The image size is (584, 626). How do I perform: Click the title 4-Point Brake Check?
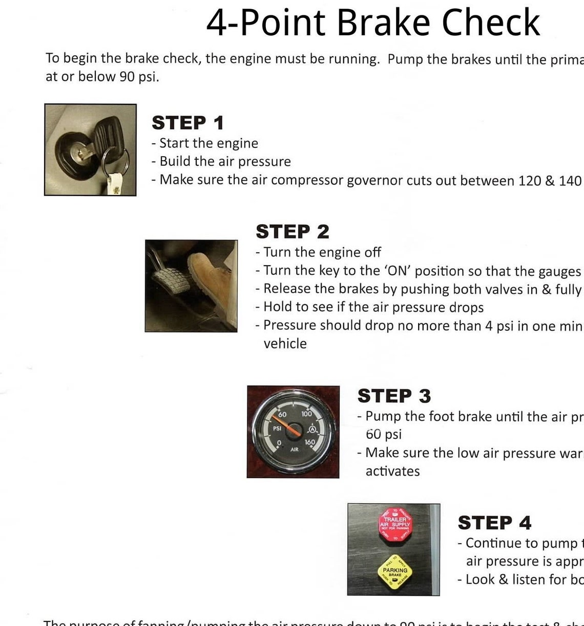pyautogui.click(x=373, y=23)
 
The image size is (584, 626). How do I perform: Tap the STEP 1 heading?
pyautogui.click(x=187, y=123)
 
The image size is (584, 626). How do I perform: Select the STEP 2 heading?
pyautogui.click(x=292, y=231)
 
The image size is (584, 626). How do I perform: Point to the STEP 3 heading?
pyautogui.click(x=394, y=396)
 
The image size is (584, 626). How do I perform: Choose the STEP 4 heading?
pyautogui.click(x=494, y=523)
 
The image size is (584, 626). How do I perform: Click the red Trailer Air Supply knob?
pyautogui.click(x=395, y=524)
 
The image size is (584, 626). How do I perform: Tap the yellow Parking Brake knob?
pyautogui.click(x=394, y=571)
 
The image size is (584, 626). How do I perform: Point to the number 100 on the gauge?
pyautogui.click(x=306, y=414)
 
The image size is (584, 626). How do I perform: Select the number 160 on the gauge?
pyautogui.click(x=310, y=442)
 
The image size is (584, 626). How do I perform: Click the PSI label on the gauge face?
pyautogui.click(x=277, y=428)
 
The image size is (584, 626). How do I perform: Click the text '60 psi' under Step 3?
pyautogui.click(x=383, y=435)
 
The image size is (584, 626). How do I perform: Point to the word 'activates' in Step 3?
pyautogui.click(x=392, y=471)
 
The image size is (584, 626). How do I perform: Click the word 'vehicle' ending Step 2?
pyautogui.click(x=285, y=344)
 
